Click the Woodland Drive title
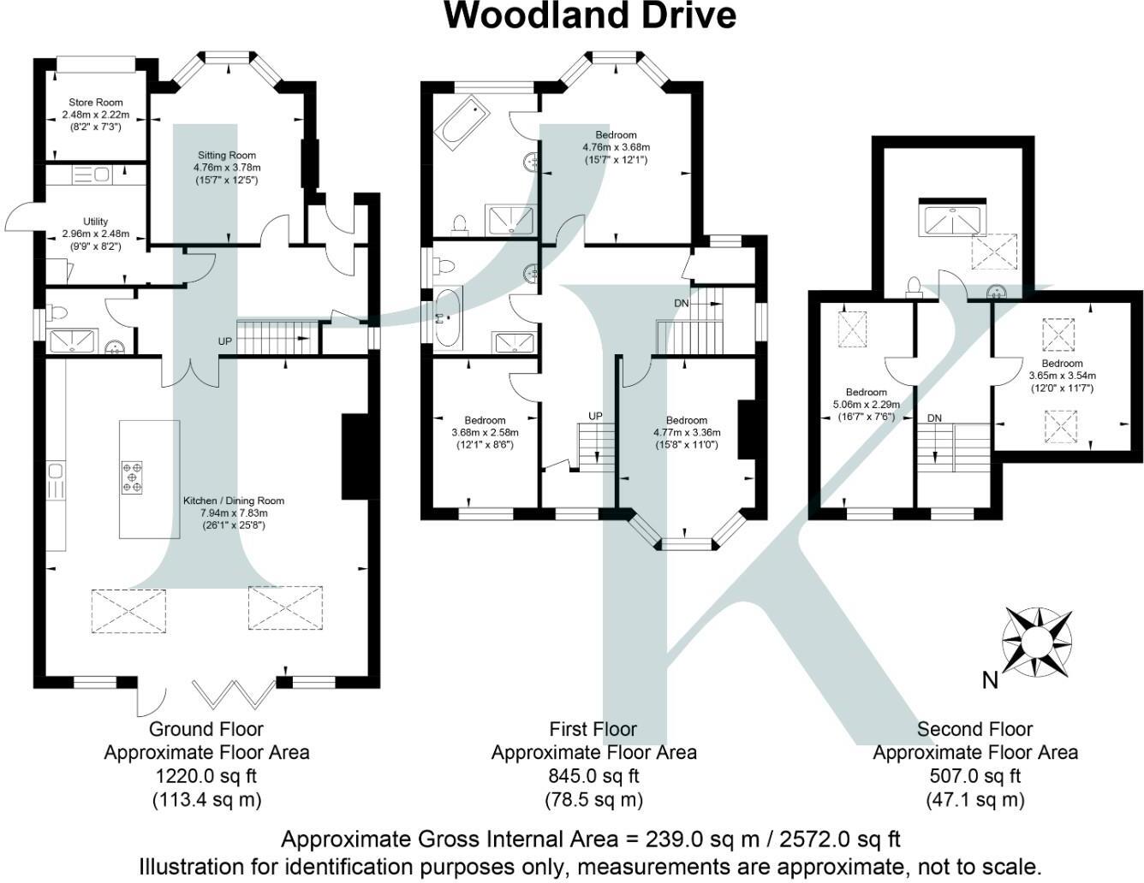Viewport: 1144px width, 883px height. [x=590, y=15]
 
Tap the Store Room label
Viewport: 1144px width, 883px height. [x=95, y=103]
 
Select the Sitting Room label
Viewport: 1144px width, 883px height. [x=226, y=156]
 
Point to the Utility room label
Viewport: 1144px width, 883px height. [x=95, y=222]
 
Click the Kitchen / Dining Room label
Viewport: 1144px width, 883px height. [x=233, y=501]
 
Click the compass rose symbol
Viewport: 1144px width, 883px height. [x=1038, y=640]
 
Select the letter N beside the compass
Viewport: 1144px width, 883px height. [x=990, y=680]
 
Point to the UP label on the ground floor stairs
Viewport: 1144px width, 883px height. [x=225, y=341]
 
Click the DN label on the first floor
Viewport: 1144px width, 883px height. [x=681, y=304]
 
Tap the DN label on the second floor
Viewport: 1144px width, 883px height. [x=934, y=418]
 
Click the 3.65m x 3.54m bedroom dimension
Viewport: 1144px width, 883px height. [x=1062, y=376]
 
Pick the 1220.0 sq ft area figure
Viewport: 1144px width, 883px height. [x=206, y=776]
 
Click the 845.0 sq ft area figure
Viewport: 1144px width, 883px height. [x=593, y=776]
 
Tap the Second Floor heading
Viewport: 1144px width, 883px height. [x=974, y=729]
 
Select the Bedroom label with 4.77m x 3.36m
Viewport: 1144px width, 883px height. [x=686, y=420]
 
